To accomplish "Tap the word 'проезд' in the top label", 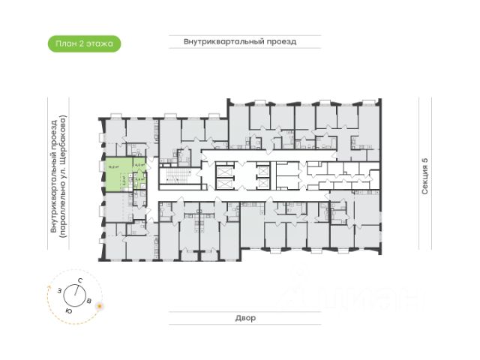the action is coord(283,42).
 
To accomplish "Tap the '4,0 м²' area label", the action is coord(139,166).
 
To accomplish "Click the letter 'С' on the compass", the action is coord(79,280).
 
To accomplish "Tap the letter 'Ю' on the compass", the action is coord(69,310).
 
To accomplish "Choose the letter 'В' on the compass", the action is coord(90,301).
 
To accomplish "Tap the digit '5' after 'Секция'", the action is coord(424,161).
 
